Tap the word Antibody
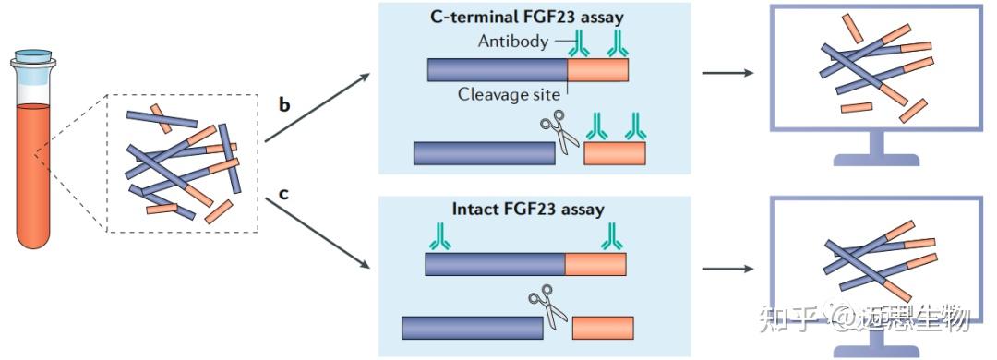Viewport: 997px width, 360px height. [512, 42]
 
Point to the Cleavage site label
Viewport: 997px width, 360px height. [509, 95]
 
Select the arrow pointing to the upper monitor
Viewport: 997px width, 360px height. [727, 72]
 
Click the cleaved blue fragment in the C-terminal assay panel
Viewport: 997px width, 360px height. [484, 153]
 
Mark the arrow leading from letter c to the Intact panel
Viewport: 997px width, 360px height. [318, 234]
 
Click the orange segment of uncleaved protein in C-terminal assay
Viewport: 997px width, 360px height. [597, 70]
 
